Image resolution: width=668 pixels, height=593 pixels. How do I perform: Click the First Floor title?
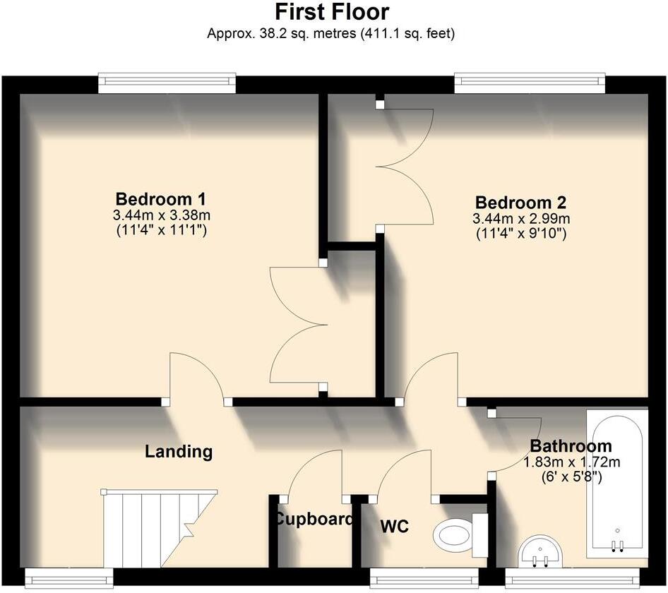pos(331,12)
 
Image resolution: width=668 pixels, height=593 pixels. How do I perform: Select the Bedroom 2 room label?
pos(520,202)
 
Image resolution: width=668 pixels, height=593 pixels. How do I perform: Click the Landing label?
pos(179,451)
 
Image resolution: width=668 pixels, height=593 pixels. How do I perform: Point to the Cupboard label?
pos(313,520)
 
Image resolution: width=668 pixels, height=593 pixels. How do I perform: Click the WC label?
pos(394,527)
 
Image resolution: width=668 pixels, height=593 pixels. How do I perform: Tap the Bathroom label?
pos(571,446)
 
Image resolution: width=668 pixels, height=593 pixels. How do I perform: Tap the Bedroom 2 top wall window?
pos(530,83)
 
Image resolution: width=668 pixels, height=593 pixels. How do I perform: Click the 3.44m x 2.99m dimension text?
pos(520,219)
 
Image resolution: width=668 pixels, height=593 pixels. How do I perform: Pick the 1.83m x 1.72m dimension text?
pos(571,463)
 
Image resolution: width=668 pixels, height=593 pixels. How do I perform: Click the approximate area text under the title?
pos(331,33)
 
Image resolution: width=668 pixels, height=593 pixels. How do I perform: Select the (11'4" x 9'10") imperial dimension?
pos(520,234)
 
